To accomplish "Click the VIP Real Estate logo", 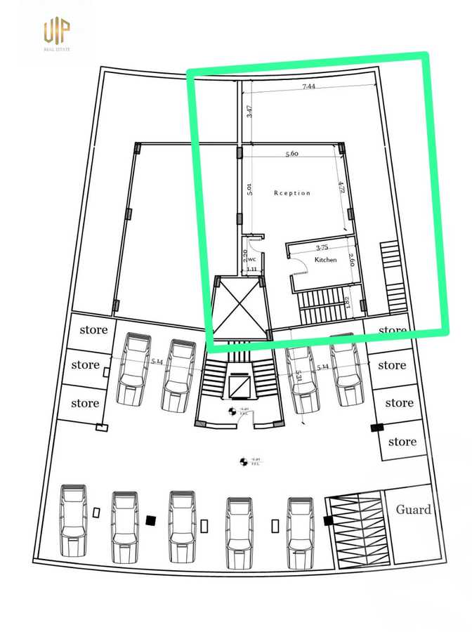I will point(58,34).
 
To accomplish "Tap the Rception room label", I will point(291,193).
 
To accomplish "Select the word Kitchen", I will point(325,260).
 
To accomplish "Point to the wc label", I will point(251,258).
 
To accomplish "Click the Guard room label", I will point(413,510).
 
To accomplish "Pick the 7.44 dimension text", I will point(308,86).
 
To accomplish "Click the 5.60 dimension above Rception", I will point(292,154).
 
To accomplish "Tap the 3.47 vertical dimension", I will point(249,111).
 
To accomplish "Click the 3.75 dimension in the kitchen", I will point(322,247).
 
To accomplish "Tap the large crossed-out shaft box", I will point(241,308).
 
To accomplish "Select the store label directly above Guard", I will point(402,442).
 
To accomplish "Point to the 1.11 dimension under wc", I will point(251,269).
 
